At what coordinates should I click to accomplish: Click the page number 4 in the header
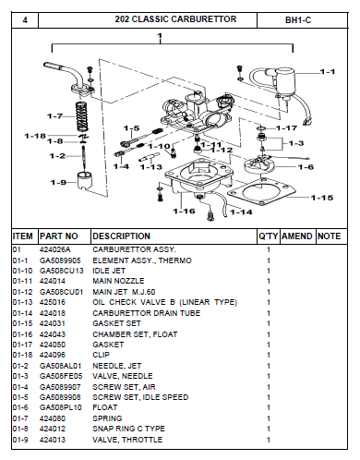point(24,18)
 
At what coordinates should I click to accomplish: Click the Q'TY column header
point(268,236)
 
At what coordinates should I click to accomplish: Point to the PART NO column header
point(58,236)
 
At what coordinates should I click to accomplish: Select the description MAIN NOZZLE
point(116,280)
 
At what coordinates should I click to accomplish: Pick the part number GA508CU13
point(60,270)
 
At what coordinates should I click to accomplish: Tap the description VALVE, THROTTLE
point(123,441)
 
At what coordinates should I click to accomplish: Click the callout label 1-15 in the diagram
point(322,198)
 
